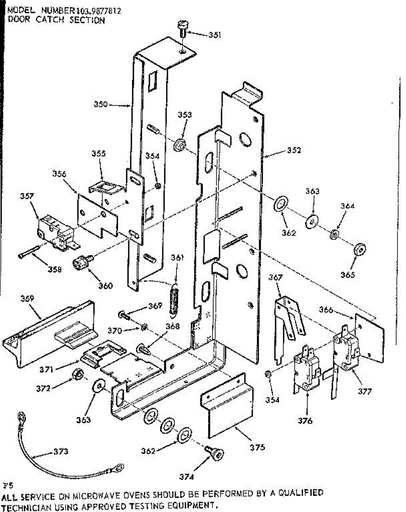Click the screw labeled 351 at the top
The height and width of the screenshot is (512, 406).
click(182, 29)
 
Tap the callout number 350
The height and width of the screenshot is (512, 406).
click(100, 104)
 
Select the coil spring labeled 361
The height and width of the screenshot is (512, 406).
click(174, 300)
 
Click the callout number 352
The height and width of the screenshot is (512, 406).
click(294, 150)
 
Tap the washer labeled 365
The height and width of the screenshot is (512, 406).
click(360, 249)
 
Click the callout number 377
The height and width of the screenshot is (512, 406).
click(365, 391)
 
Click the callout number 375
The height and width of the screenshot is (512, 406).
click(257, 448)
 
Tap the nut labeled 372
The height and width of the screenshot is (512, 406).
click(78, 374)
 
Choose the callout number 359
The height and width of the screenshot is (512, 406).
click(27, 298)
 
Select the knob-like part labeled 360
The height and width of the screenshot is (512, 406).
click(82, 262)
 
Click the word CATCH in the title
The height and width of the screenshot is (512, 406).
click(50, 20)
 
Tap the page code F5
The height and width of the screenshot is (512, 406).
click(8, 486)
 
